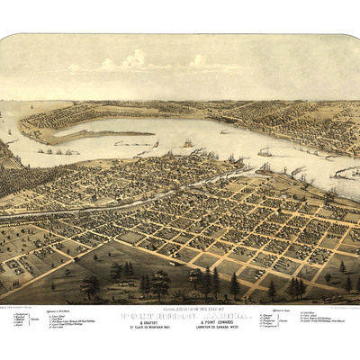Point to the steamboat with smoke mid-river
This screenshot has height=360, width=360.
tap(264, 151)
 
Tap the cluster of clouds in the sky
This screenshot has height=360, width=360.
tap(135, 61)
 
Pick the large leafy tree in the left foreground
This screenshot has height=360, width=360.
tap(90, 285)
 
